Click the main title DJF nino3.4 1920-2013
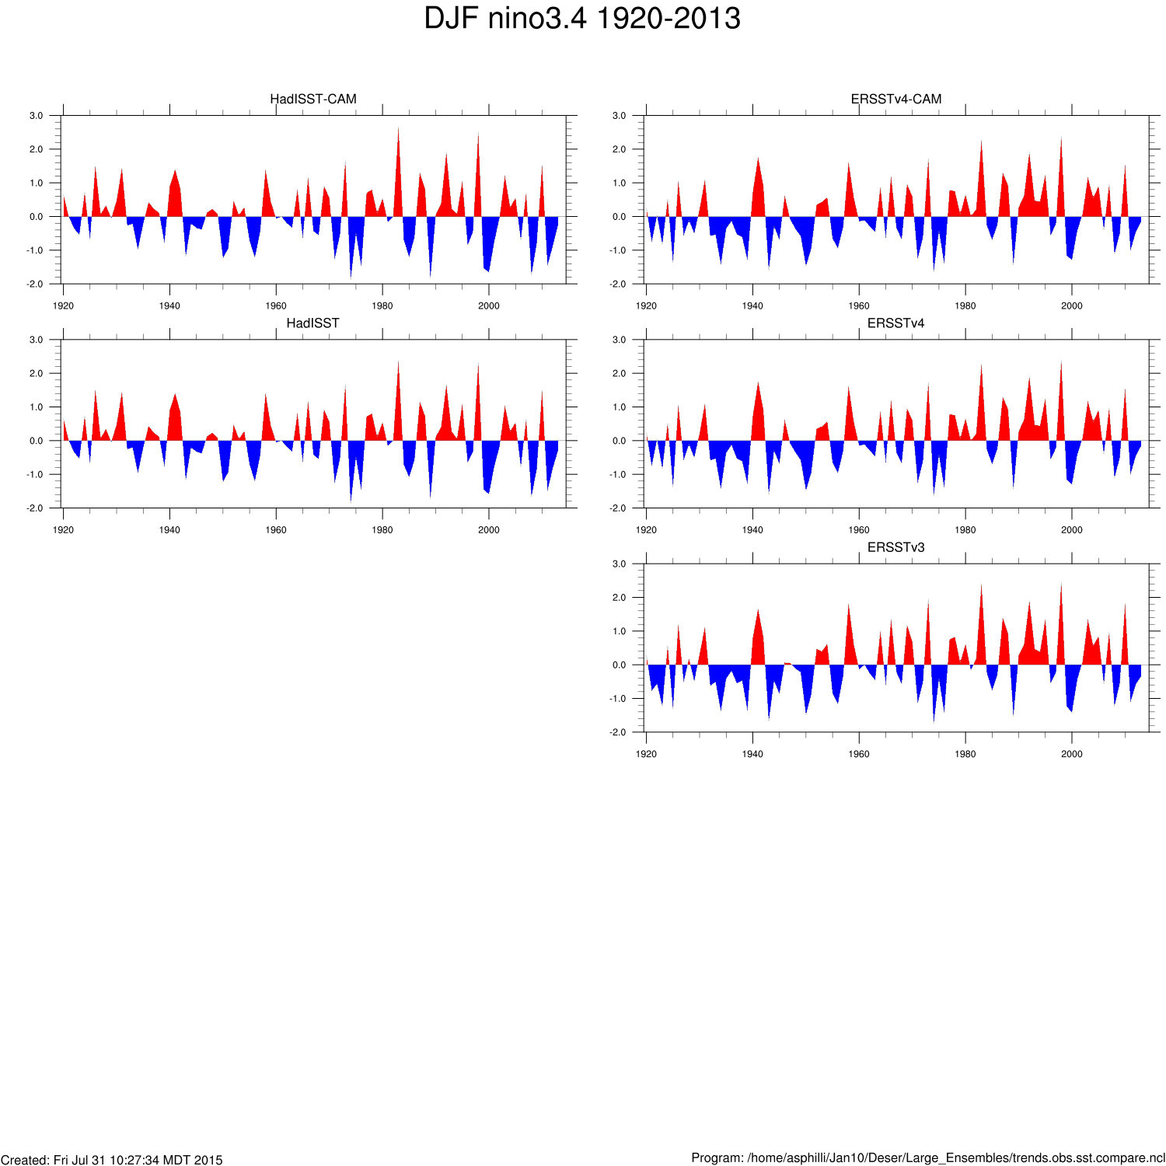[582, 19]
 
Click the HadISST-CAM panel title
[312, 99]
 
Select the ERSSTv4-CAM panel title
[895, 99]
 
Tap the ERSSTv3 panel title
[895, 547]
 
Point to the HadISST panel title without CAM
[312, 323]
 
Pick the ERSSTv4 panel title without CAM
[895, 323]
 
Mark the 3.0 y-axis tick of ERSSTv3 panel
[619, 564]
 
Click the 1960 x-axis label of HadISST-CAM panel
[276, 306]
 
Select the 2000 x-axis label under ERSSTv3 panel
[1071, 754]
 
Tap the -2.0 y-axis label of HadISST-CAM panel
[35, 285]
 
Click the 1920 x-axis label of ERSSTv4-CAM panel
[646, 306]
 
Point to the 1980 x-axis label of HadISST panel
[382, 530]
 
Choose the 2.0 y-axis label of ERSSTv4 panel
[619, 374]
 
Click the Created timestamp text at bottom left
[112, 1160]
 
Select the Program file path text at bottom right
[928, 1158]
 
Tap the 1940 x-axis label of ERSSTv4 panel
[752, 530]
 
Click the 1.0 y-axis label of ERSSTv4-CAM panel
[619, 183]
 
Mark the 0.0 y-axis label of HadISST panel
[36, 441]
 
